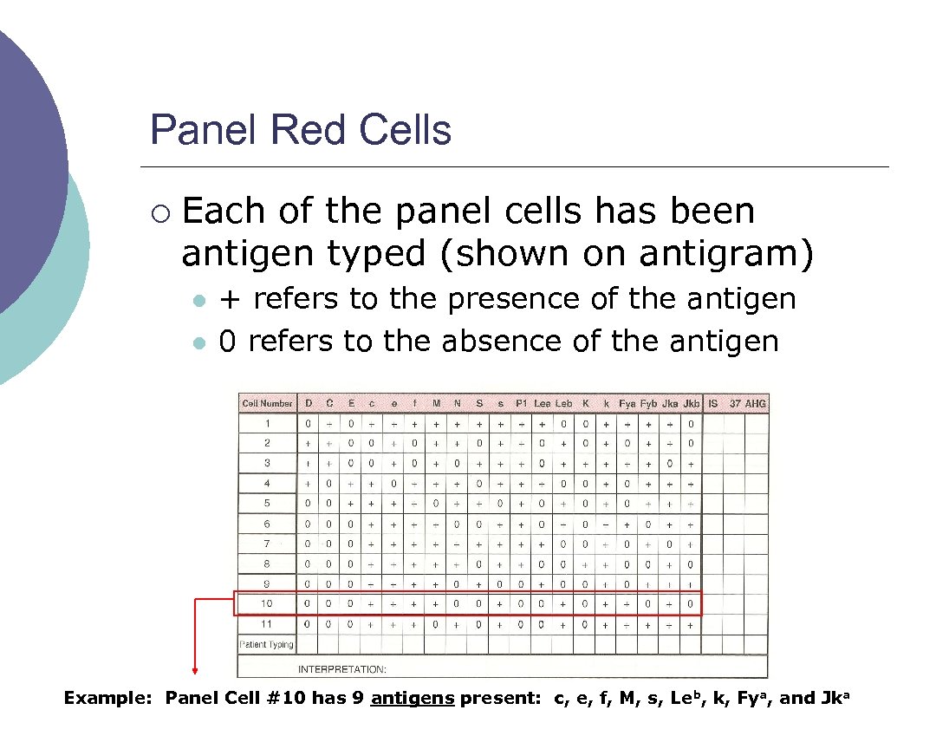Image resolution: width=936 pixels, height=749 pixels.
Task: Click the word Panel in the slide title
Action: (203, 130)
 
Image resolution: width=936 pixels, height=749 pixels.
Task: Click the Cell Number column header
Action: (267, 403)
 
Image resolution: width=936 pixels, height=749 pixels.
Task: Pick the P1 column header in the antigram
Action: (521, 403)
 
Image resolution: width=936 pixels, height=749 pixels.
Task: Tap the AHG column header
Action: (756, 403)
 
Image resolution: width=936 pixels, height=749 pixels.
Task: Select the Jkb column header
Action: (691, 403)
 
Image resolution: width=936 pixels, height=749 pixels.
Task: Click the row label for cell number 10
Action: (267, 603)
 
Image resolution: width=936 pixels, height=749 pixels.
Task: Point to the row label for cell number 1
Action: (267, 424)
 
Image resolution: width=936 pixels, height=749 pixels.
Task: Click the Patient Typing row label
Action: (267, 644)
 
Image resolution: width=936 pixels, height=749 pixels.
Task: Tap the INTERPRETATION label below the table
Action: (342, 669)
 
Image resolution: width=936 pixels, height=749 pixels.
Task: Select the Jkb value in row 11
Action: (691, 624)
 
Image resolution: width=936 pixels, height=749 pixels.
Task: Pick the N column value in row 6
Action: (458, 524)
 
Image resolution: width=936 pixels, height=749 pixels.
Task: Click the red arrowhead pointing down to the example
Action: (195, 669)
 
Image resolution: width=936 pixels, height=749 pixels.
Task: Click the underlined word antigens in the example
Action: (413, 699)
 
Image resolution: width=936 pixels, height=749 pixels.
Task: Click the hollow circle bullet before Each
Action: (157, 212)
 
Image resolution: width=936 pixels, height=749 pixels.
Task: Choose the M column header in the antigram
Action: (436, 403)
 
